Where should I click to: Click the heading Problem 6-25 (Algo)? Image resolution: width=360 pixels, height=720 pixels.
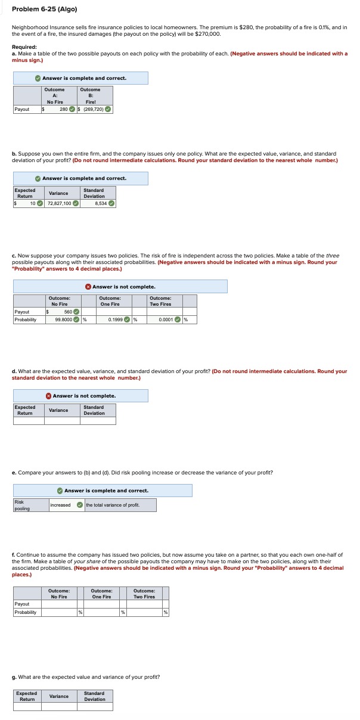[44, 9]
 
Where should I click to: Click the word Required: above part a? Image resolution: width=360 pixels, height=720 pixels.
[24, 46]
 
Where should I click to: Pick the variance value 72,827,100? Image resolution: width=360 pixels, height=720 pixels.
[59, 203]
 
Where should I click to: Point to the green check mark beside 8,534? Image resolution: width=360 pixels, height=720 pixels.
[111, 203]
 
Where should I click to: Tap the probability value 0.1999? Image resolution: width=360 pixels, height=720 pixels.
[116, 319]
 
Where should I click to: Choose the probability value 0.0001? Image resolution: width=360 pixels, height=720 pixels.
[166, 319]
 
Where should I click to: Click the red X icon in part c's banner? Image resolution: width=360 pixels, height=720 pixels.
[88, 287]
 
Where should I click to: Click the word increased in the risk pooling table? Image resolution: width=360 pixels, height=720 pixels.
[60, 505]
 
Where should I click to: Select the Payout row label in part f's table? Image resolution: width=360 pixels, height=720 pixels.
[21, 604]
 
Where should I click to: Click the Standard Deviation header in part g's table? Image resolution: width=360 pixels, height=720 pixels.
[94, 696]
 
